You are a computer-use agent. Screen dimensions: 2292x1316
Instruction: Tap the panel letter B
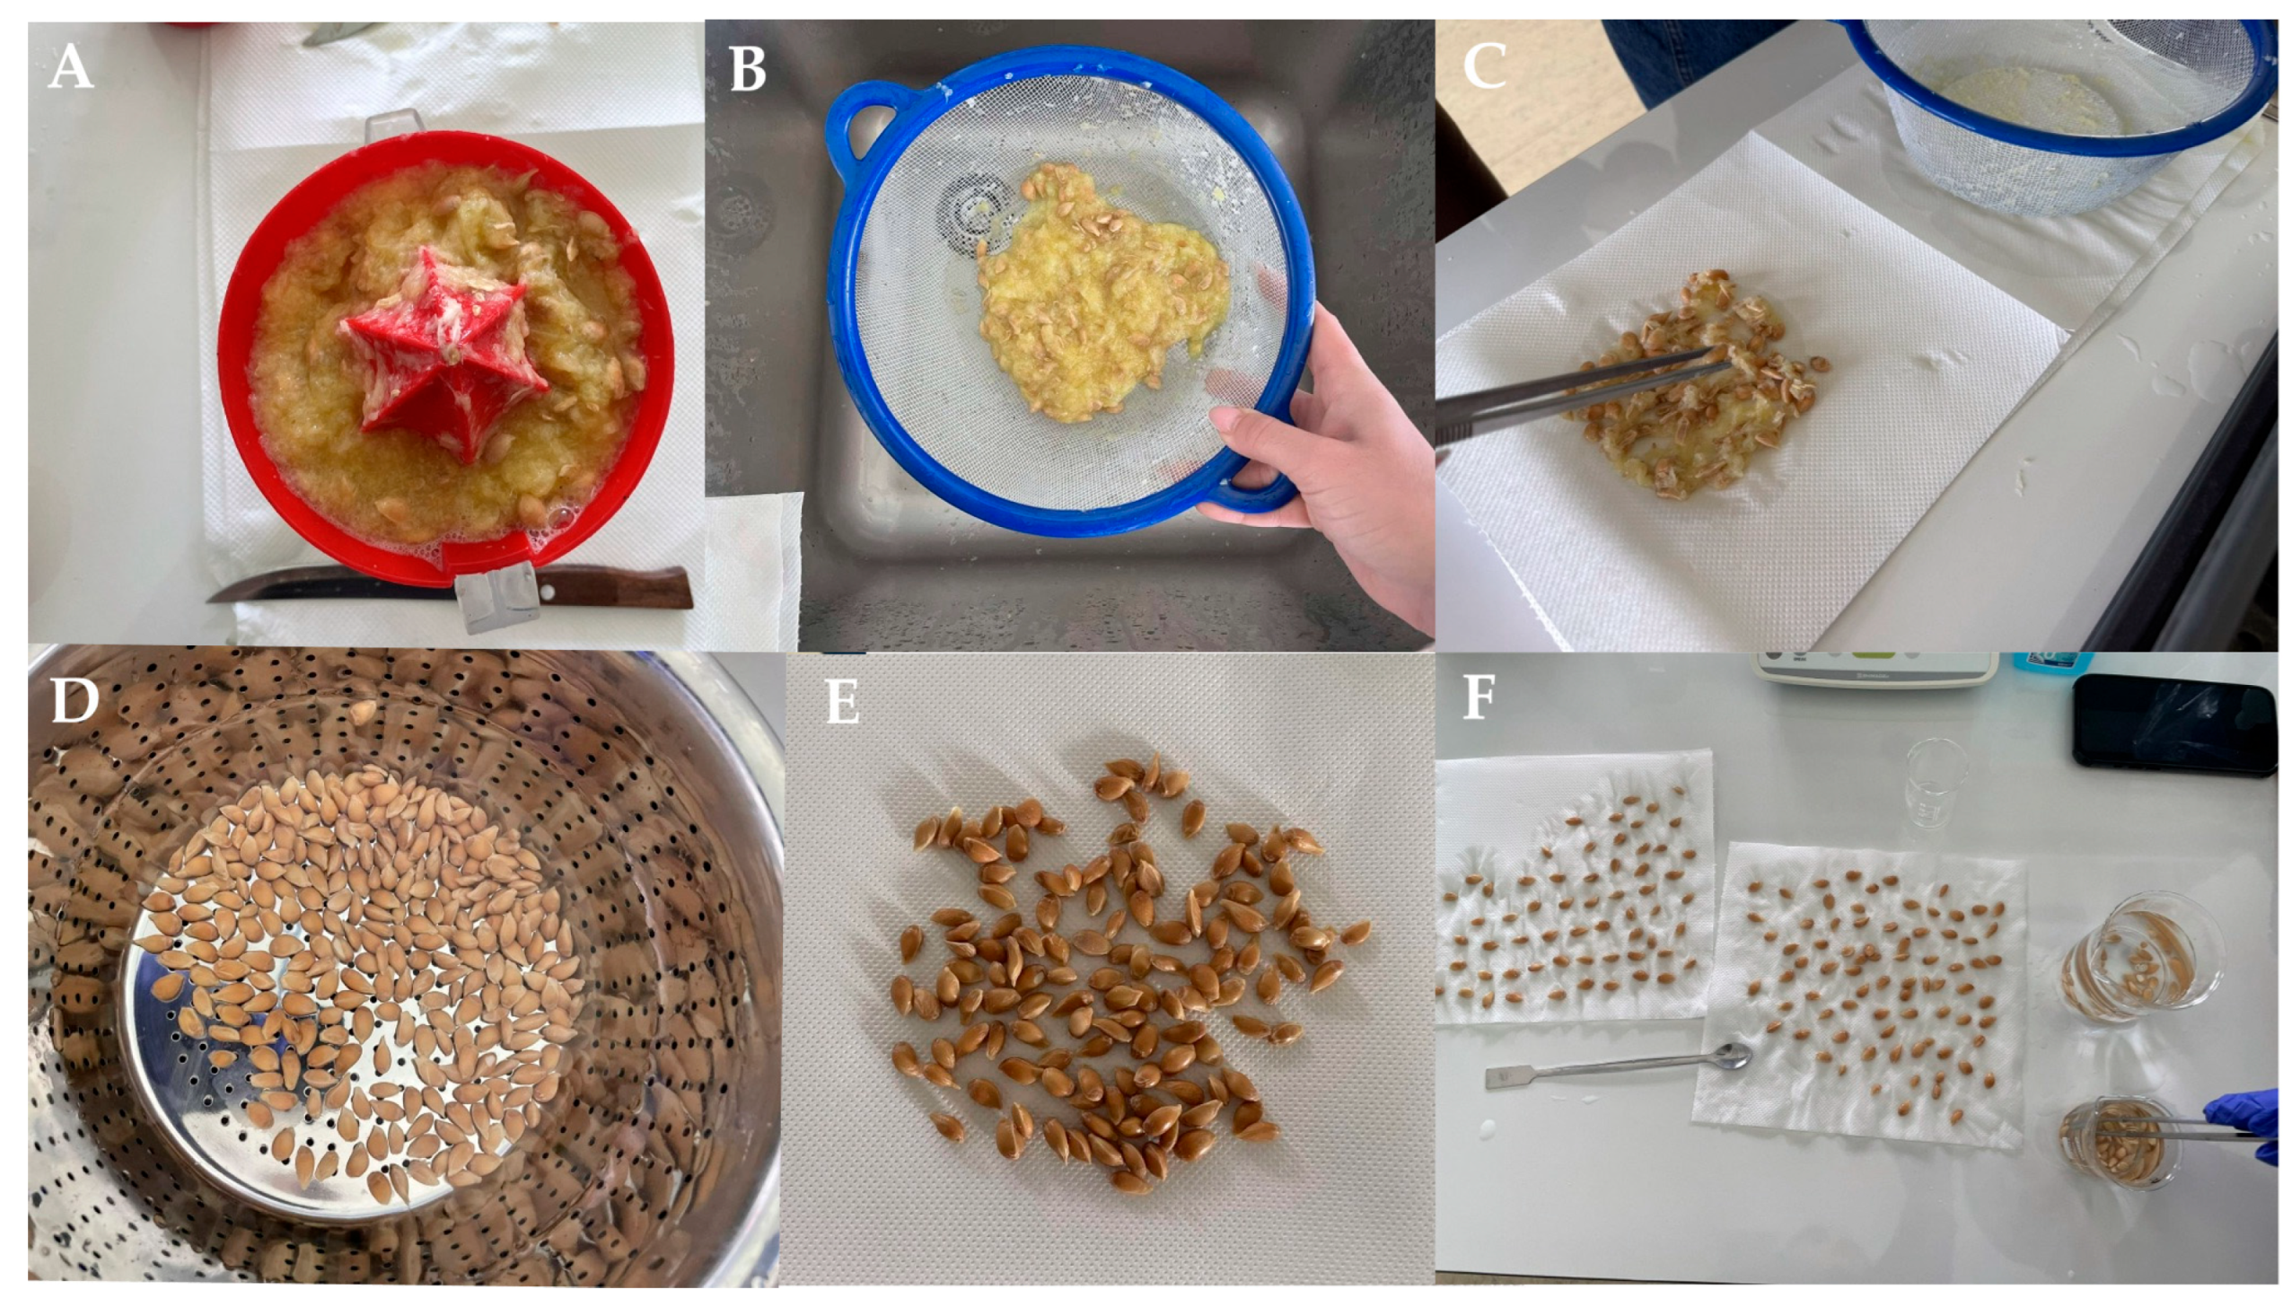tap(748, 69)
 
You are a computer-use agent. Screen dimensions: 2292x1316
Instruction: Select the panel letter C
tap(1484, 67)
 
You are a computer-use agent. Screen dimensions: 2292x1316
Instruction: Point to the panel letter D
tap(75, 699)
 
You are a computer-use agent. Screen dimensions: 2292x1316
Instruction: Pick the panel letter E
tap(842, 701)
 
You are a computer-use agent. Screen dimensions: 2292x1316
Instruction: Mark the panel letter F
tap(1479, 697)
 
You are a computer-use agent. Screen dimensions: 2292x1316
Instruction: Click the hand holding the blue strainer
tap(1329, 470)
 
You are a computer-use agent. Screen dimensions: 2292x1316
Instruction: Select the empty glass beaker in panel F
tap(1934, 785)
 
